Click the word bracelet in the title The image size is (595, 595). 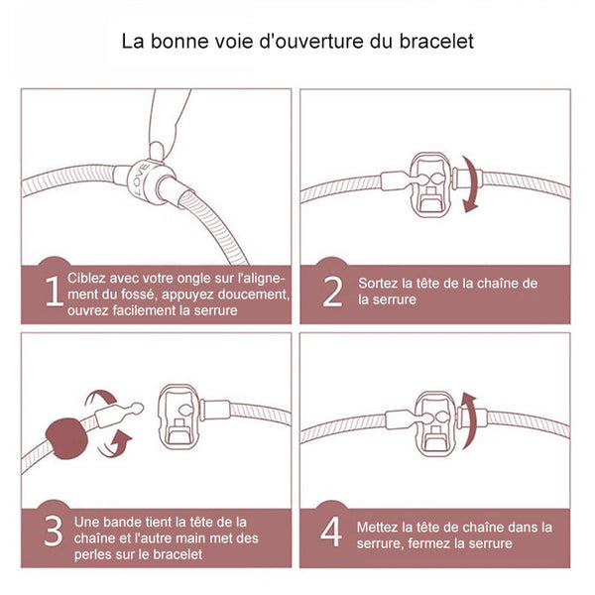coord(436,41)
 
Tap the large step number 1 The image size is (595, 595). coord(54,291)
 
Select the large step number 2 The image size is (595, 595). coord(332,292)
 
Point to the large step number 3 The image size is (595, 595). coord(54,531)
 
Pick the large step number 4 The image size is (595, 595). coord(331,532)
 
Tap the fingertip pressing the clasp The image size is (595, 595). coord(157,151)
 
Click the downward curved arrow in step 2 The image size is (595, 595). coord(470,184)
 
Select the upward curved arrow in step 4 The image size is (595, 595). coord(469,421)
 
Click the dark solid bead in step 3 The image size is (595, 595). coord(66,438)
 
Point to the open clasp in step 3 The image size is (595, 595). coord(178,416)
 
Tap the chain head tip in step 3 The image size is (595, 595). coord(138,409)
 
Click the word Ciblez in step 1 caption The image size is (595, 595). coord(86,278)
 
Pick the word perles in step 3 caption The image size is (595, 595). coord(91,555)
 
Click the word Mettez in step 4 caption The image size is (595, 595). coord(377,528)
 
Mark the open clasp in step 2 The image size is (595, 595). coord(430,184)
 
